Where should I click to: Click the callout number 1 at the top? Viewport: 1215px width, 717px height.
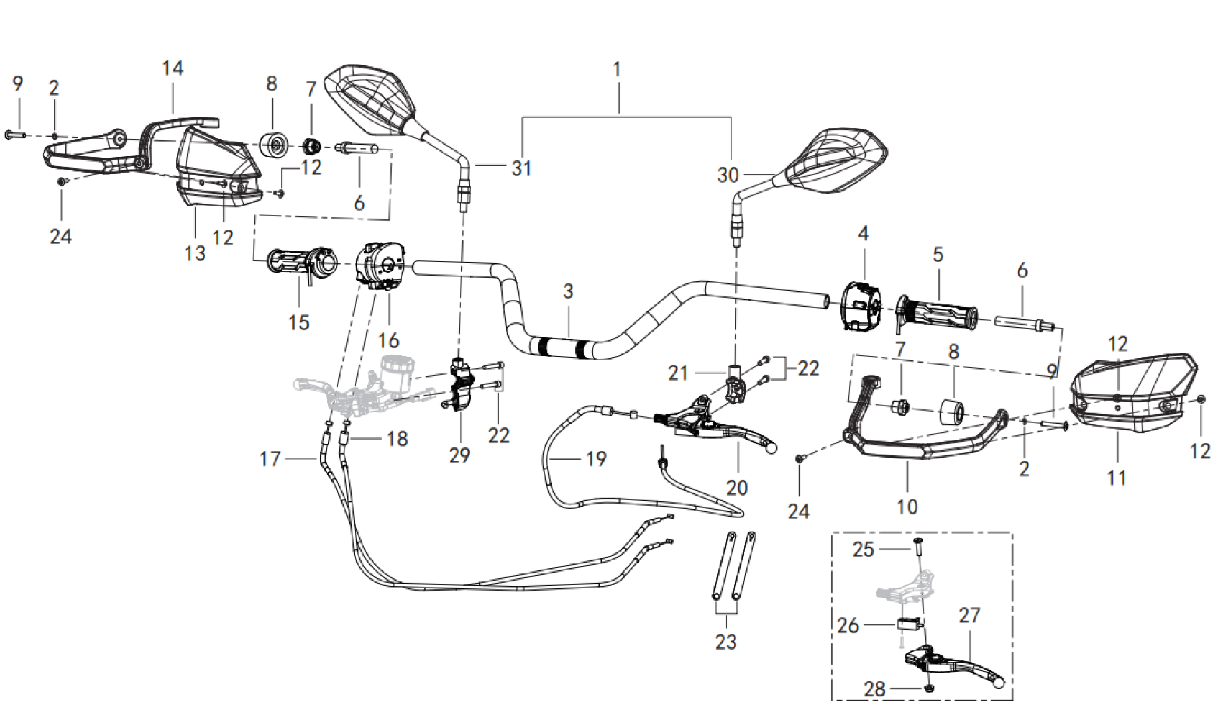tap(617, 69)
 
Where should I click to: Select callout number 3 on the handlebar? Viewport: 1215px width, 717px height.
tap(568, 291)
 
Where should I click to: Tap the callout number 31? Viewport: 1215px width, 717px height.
tap(521, 168)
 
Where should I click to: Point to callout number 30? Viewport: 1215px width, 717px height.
tap(728, 175)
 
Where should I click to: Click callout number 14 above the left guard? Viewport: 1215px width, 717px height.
tap(172, 68)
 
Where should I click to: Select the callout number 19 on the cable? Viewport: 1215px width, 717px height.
tap(596, 459)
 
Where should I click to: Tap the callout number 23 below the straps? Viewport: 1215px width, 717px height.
tap(726, 642)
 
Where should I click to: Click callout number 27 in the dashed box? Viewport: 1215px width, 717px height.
tap(969, 615)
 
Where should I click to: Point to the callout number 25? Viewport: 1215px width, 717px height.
tap(863, 550)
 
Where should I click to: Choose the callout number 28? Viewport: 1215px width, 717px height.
tap(875, 689)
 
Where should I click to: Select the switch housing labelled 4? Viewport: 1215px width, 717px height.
tap(861, 306)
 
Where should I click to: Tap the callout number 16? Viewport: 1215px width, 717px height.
tap(388, 340)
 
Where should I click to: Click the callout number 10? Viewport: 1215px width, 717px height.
tap(907, 507)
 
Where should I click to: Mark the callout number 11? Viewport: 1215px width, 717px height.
tap(1117, 478)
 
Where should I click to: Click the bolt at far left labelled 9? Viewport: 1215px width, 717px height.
tap(15, 135)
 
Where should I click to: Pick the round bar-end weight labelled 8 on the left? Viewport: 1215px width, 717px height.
tap(274, 146)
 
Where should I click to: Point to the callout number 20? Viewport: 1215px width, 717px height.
tap(737, 488)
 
